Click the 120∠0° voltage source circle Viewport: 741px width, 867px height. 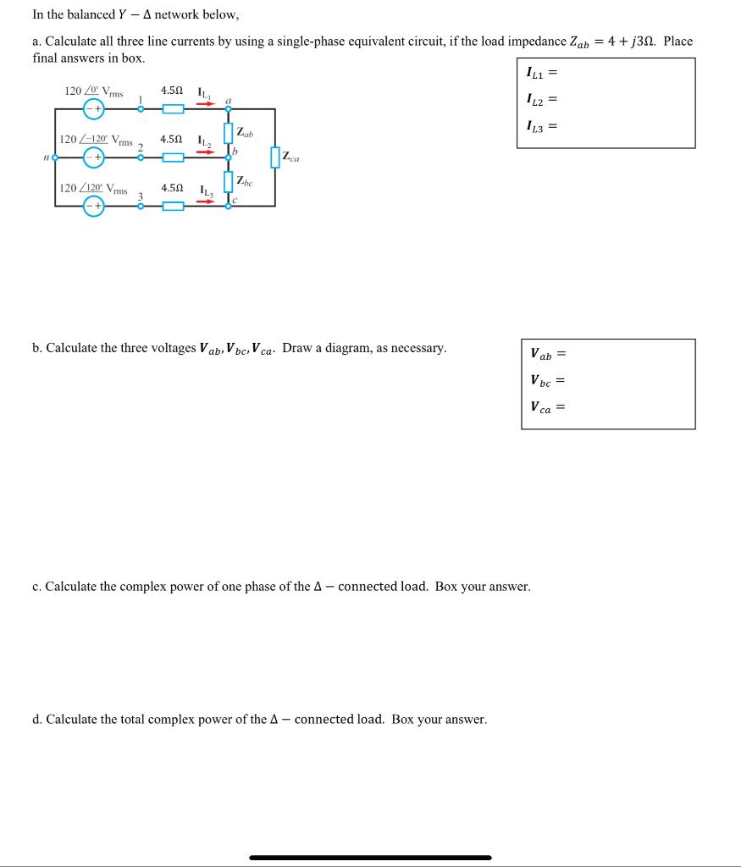[x=93, y=108]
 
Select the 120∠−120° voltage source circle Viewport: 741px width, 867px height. [x=93, y=157]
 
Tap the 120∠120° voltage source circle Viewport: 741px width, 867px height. [x=93, y=206]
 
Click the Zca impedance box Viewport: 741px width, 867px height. [x=275, y=157]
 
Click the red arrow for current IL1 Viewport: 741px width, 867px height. [x=206, y=104]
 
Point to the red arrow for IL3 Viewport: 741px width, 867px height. [x=206, y=202]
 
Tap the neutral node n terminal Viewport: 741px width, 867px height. [x=55, y=157]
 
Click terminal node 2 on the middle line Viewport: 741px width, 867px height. [x=141, y=157]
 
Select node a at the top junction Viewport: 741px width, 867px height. [x=228, y=109]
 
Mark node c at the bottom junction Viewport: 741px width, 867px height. [x=228, y=206]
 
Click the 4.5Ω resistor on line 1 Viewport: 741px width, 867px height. [x=173, y=109]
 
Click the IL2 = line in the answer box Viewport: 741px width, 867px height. [x=543, y=100]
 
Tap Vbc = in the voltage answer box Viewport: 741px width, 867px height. [x=547, y=380]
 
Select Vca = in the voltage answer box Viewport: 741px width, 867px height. [x=547, y=407]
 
